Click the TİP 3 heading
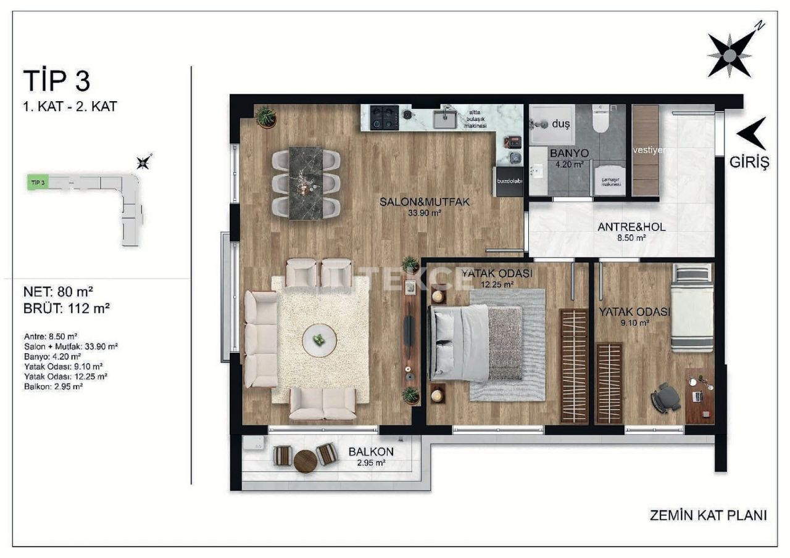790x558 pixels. tap(57, 81)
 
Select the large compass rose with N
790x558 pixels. tap(731, 55)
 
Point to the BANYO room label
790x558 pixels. tap(569, 153)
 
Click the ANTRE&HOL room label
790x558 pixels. tap(631, 227)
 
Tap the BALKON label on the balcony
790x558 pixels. tap(371, 451)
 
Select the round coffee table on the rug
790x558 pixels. tap(319, 340)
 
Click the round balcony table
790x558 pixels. tap(305, 461)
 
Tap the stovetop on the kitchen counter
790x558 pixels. tap(383, 117)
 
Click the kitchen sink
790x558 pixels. tap(444, 118)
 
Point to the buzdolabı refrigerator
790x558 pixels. tap(510, 181)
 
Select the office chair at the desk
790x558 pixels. tap(665, 398)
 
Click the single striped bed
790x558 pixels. tap(692, 308)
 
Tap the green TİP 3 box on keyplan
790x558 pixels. tap(38, 182)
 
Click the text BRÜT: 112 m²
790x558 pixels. tap(66, 308)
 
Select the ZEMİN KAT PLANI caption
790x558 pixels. tap(708, 515)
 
